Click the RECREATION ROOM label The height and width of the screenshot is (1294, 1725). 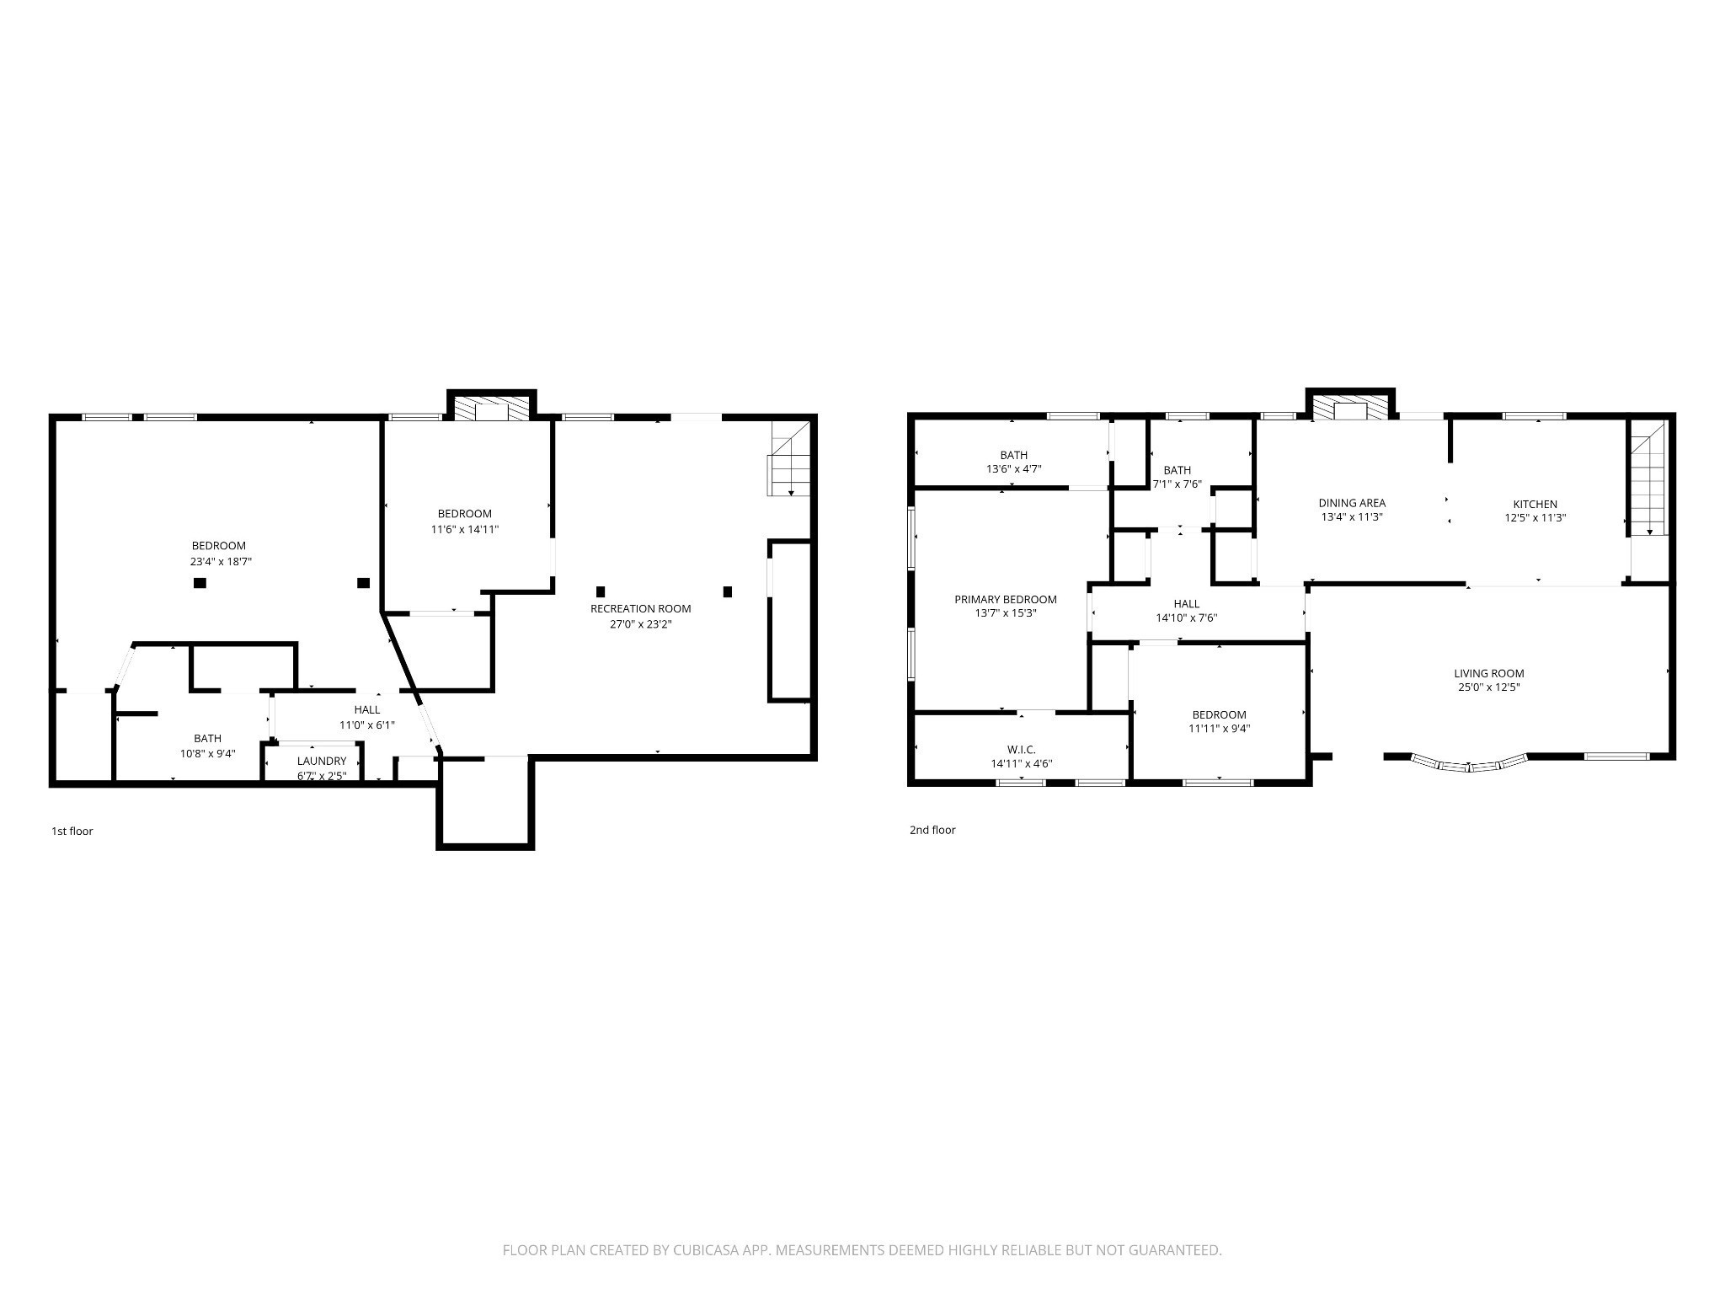640,608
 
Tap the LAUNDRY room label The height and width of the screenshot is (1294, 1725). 322,761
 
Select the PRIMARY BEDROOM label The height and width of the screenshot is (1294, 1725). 1006,600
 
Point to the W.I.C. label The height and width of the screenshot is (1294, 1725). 1022,750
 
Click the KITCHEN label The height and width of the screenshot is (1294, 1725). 1535,505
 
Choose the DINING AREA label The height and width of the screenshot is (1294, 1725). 1352,504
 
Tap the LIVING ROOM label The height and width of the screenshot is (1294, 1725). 1489,673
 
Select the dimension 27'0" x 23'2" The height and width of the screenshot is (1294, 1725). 641,624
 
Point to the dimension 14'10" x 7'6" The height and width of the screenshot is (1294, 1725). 1187,618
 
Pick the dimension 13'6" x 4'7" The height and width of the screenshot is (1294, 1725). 1014,469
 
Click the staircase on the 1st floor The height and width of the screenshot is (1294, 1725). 789,459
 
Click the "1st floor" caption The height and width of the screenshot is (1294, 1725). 72,831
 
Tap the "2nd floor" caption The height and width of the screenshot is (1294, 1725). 932,830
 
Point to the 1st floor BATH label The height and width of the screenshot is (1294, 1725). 208,739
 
